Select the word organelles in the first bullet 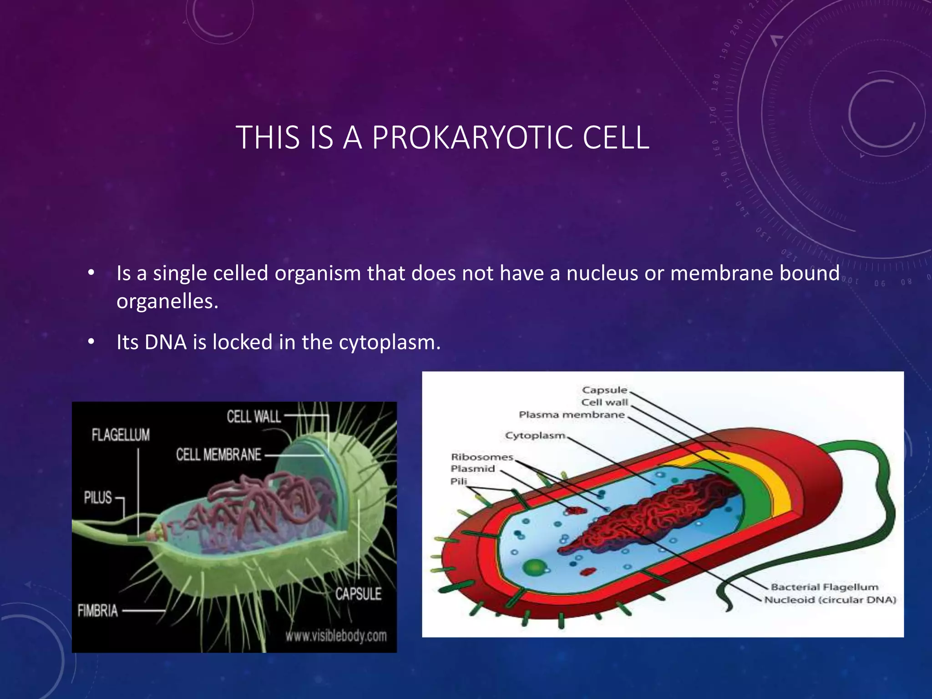pos(167,301)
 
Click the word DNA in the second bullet pos(166,342)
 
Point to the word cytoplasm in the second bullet pos(389,342)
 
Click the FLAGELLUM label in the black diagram pos(121,435)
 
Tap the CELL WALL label pos(254,416)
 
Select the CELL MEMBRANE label pos(219,455)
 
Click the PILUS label pos(98,497)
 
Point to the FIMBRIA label pos(98,611)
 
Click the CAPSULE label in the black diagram pos(359,594)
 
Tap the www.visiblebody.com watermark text pos(336,636)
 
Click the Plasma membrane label pos(572,415)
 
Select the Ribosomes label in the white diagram pos(482,457)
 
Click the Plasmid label pos(472,469)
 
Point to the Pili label pos(459,481)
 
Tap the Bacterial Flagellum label pos(824,587)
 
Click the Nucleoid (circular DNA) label pos(830,600)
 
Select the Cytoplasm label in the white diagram pos(535,436)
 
